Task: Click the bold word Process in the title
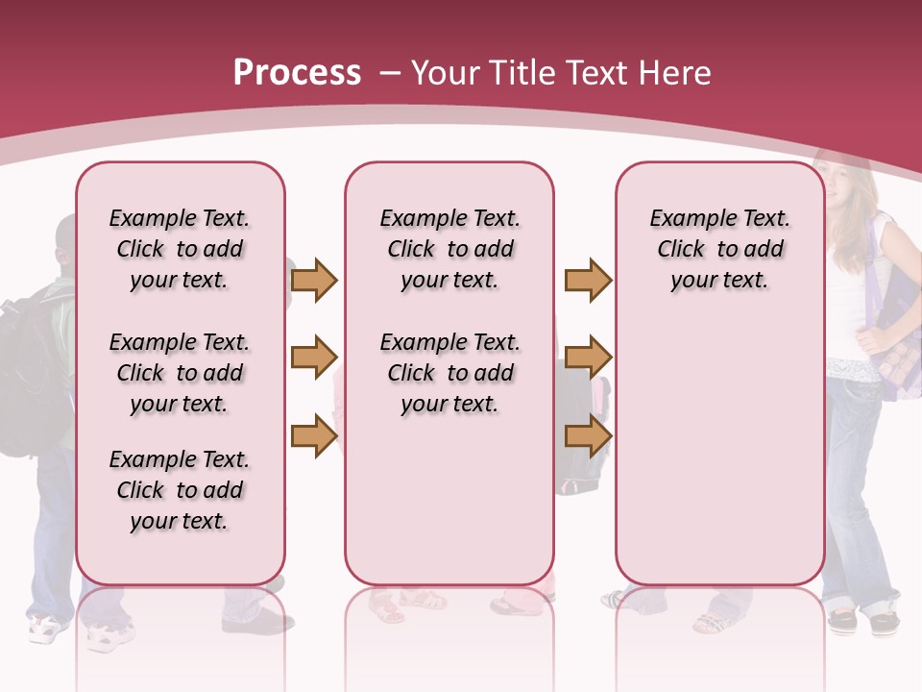(297, 73)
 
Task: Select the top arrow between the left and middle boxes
(314, 280)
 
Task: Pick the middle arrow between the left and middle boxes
(314, 358)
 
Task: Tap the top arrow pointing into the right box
(588, 280)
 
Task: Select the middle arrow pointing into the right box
(588, 358)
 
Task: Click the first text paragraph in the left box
(180, 249)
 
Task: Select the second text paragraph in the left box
(180, 373)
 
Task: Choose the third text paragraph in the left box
(180, 490)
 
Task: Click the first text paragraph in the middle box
(449, 249)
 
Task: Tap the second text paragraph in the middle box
(449, 373)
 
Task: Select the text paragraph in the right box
(719, 249)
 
